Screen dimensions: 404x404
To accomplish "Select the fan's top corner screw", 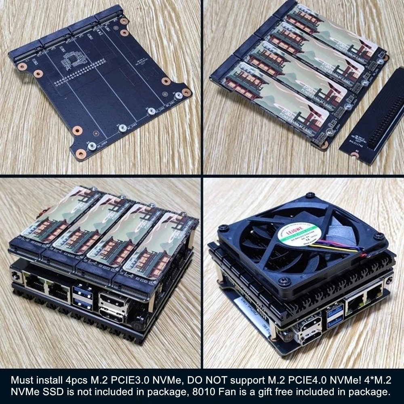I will tap(310, 195).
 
